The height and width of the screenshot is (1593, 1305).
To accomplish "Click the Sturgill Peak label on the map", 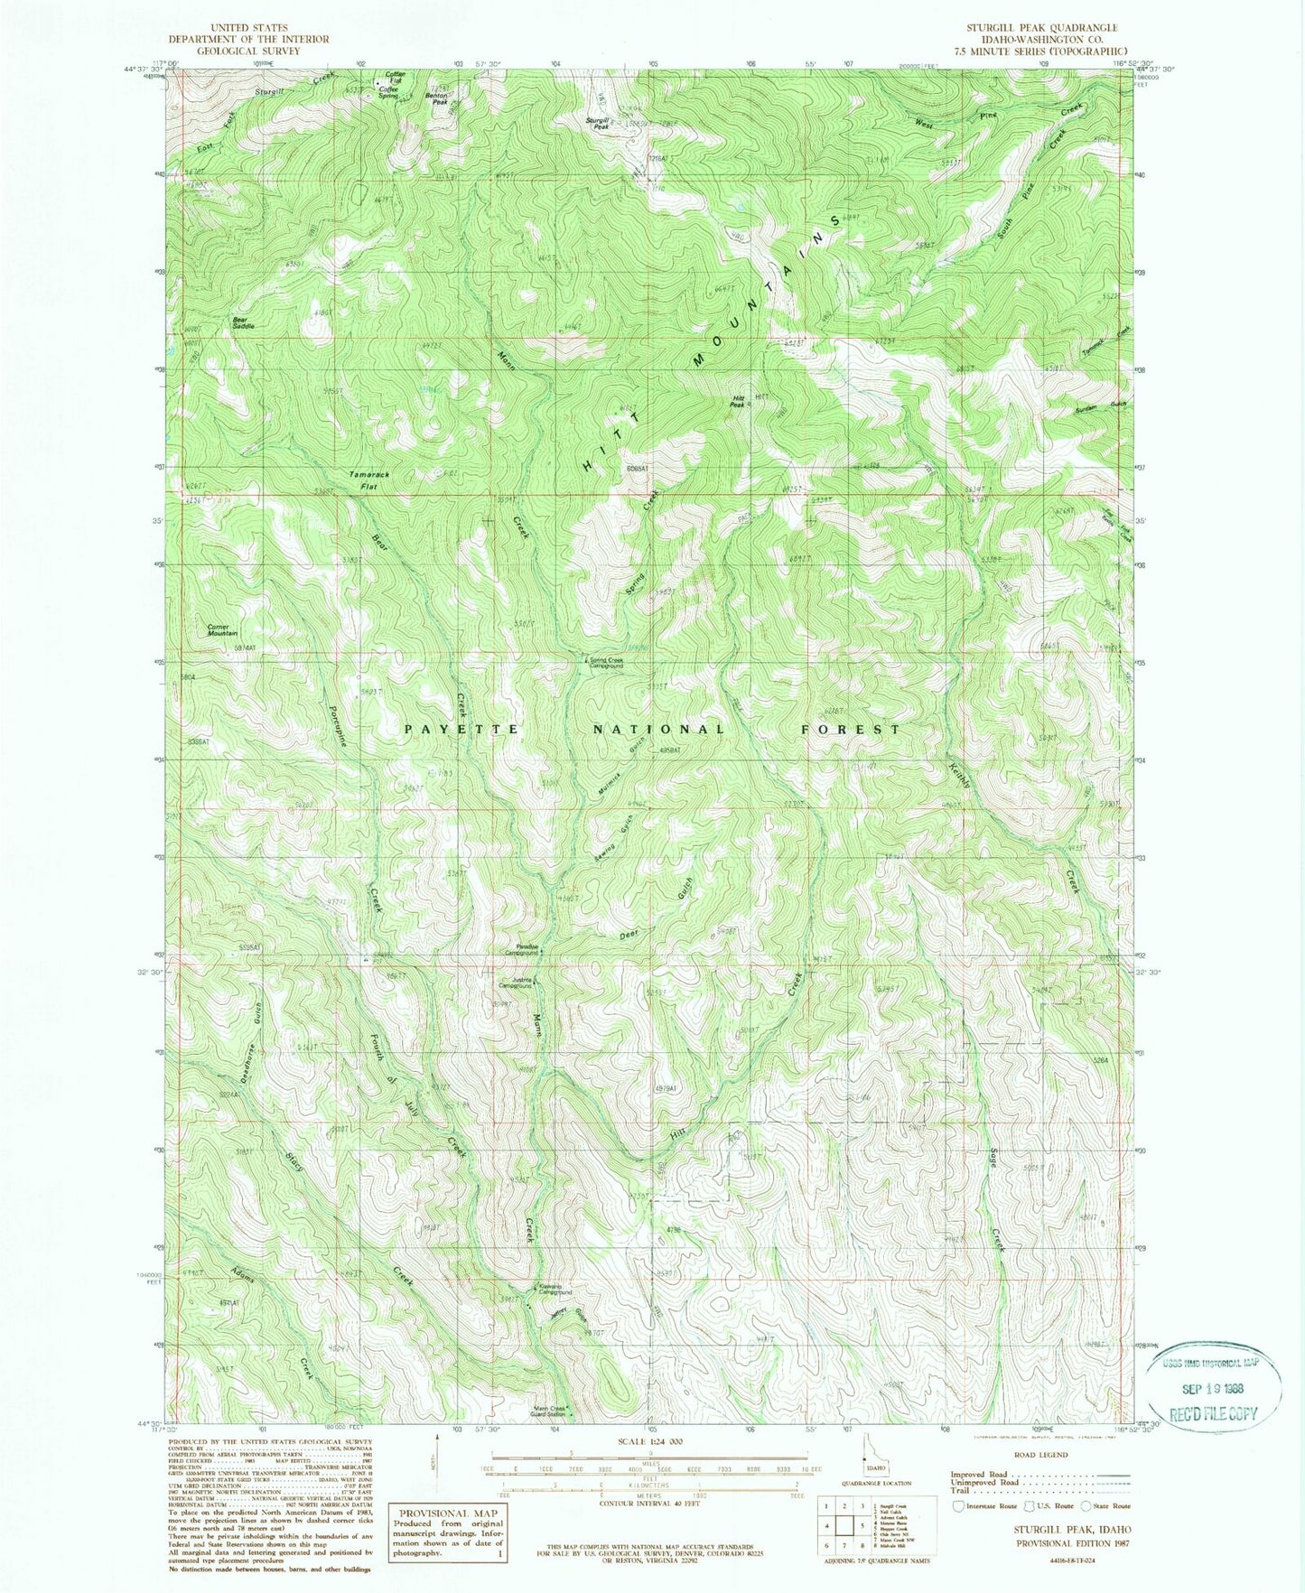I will (x=597, y=123).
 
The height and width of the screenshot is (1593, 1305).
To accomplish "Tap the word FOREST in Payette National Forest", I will (x=851, y=729).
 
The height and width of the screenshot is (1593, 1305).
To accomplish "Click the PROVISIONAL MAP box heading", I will (x=435, y=1513).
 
